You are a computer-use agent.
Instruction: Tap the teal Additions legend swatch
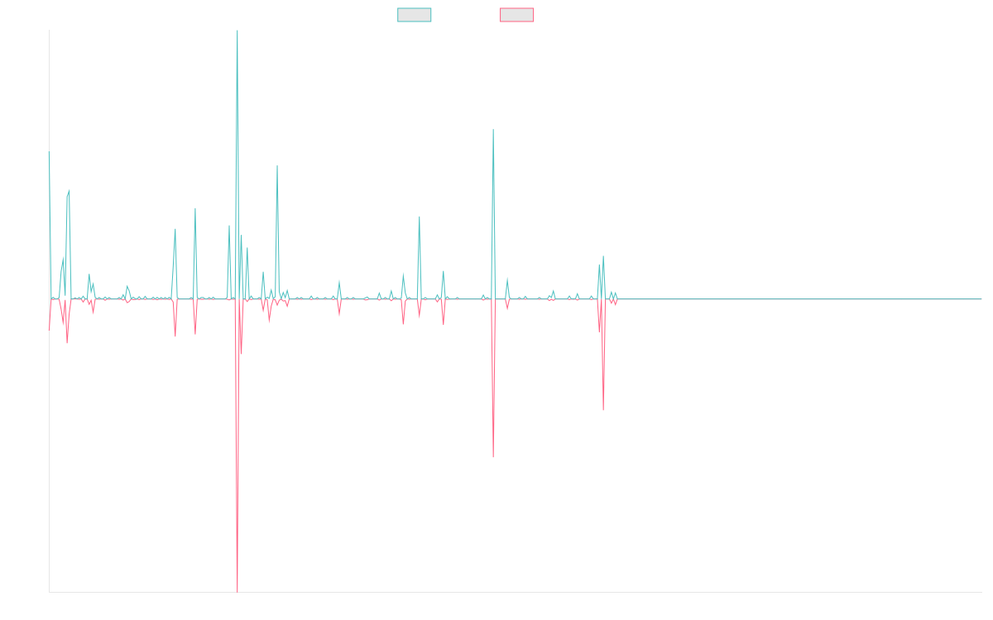pos(415,15)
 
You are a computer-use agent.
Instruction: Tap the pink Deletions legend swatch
pos(517,15)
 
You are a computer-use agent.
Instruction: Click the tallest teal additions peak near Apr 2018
pos(237,33)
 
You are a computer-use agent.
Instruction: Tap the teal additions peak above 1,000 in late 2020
pos(493,130)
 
